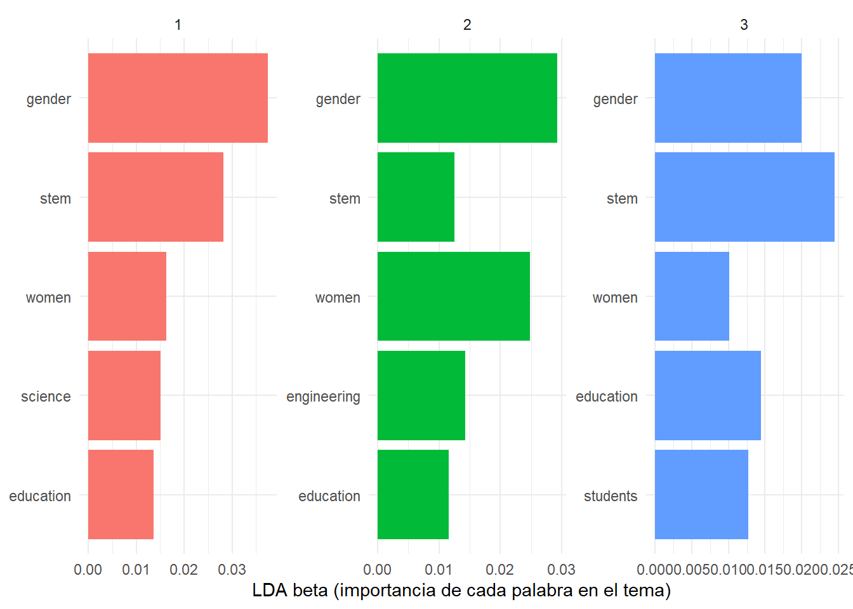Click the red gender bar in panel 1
[178, 98]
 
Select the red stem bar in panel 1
[155, 197]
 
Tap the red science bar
[124, 396]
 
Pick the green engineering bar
[421, 396]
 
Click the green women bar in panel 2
[454, 296]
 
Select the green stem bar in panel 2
[416, 197]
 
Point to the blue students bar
[701, 495]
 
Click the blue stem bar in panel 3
[744, 197]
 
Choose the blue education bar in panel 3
[708, 396]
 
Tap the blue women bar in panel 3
[692, 296]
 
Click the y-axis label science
[46, 396]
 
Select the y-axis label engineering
[323, 397]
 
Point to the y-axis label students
[611, 496]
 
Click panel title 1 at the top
[178, 25]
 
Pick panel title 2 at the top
[467, 25]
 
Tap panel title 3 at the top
[744, 25]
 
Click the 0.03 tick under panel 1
[232, 570]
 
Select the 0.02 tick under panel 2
[500, 570]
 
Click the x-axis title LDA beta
[461, 591]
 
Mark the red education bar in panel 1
[121, 495]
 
